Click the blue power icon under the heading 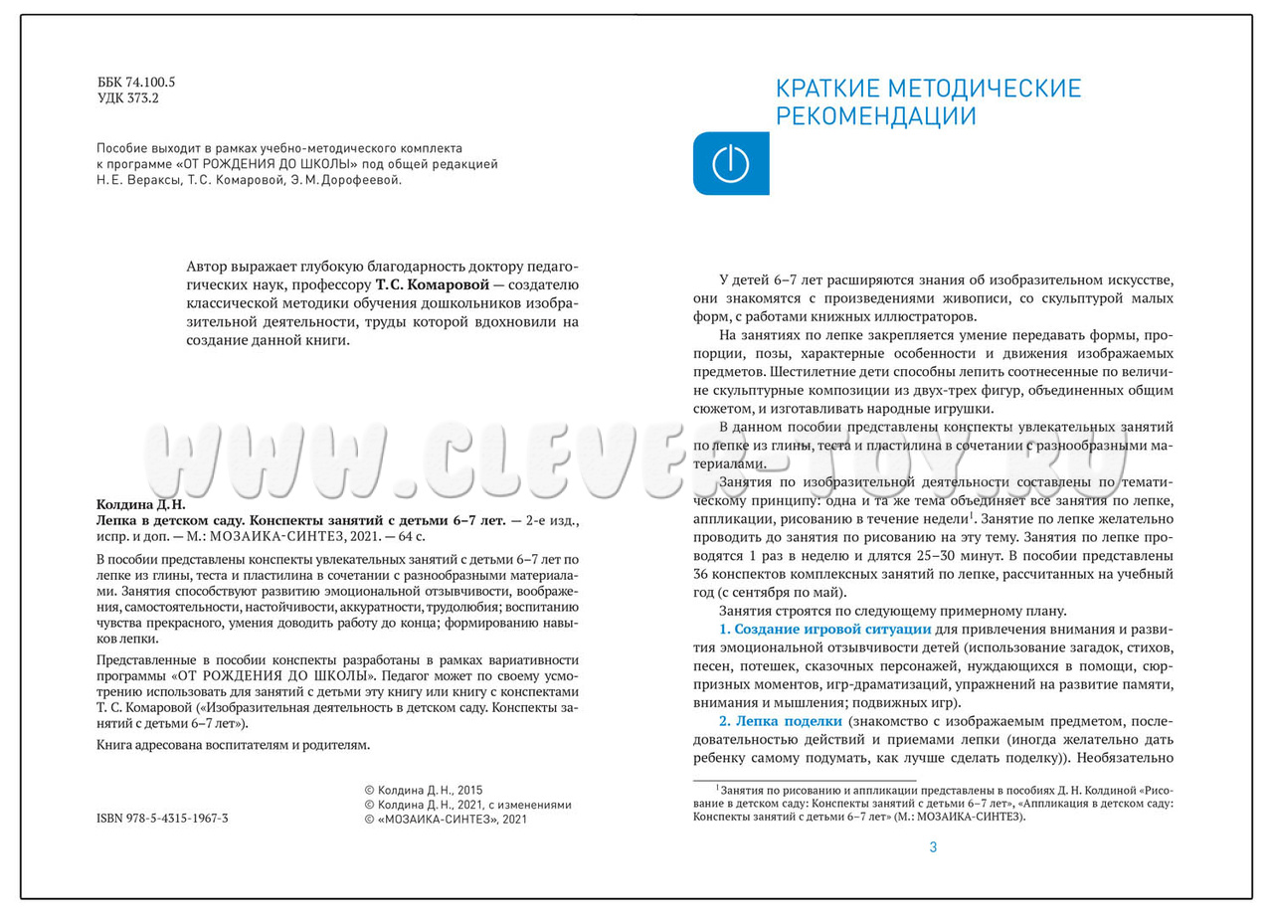click(x=731, y=163)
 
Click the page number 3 click(x=933, y=847)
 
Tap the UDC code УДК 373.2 click(x=128, y=98)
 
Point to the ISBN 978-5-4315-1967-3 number click(x=163, y=819)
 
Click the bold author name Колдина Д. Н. click(x=140, y=504)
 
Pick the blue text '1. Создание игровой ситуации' click(x=824, y=631)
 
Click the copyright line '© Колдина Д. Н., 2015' click(x=425, y=789)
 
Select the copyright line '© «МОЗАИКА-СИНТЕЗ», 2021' click(x=447, y=820)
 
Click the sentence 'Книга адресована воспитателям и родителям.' click(x=233, y=744)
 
